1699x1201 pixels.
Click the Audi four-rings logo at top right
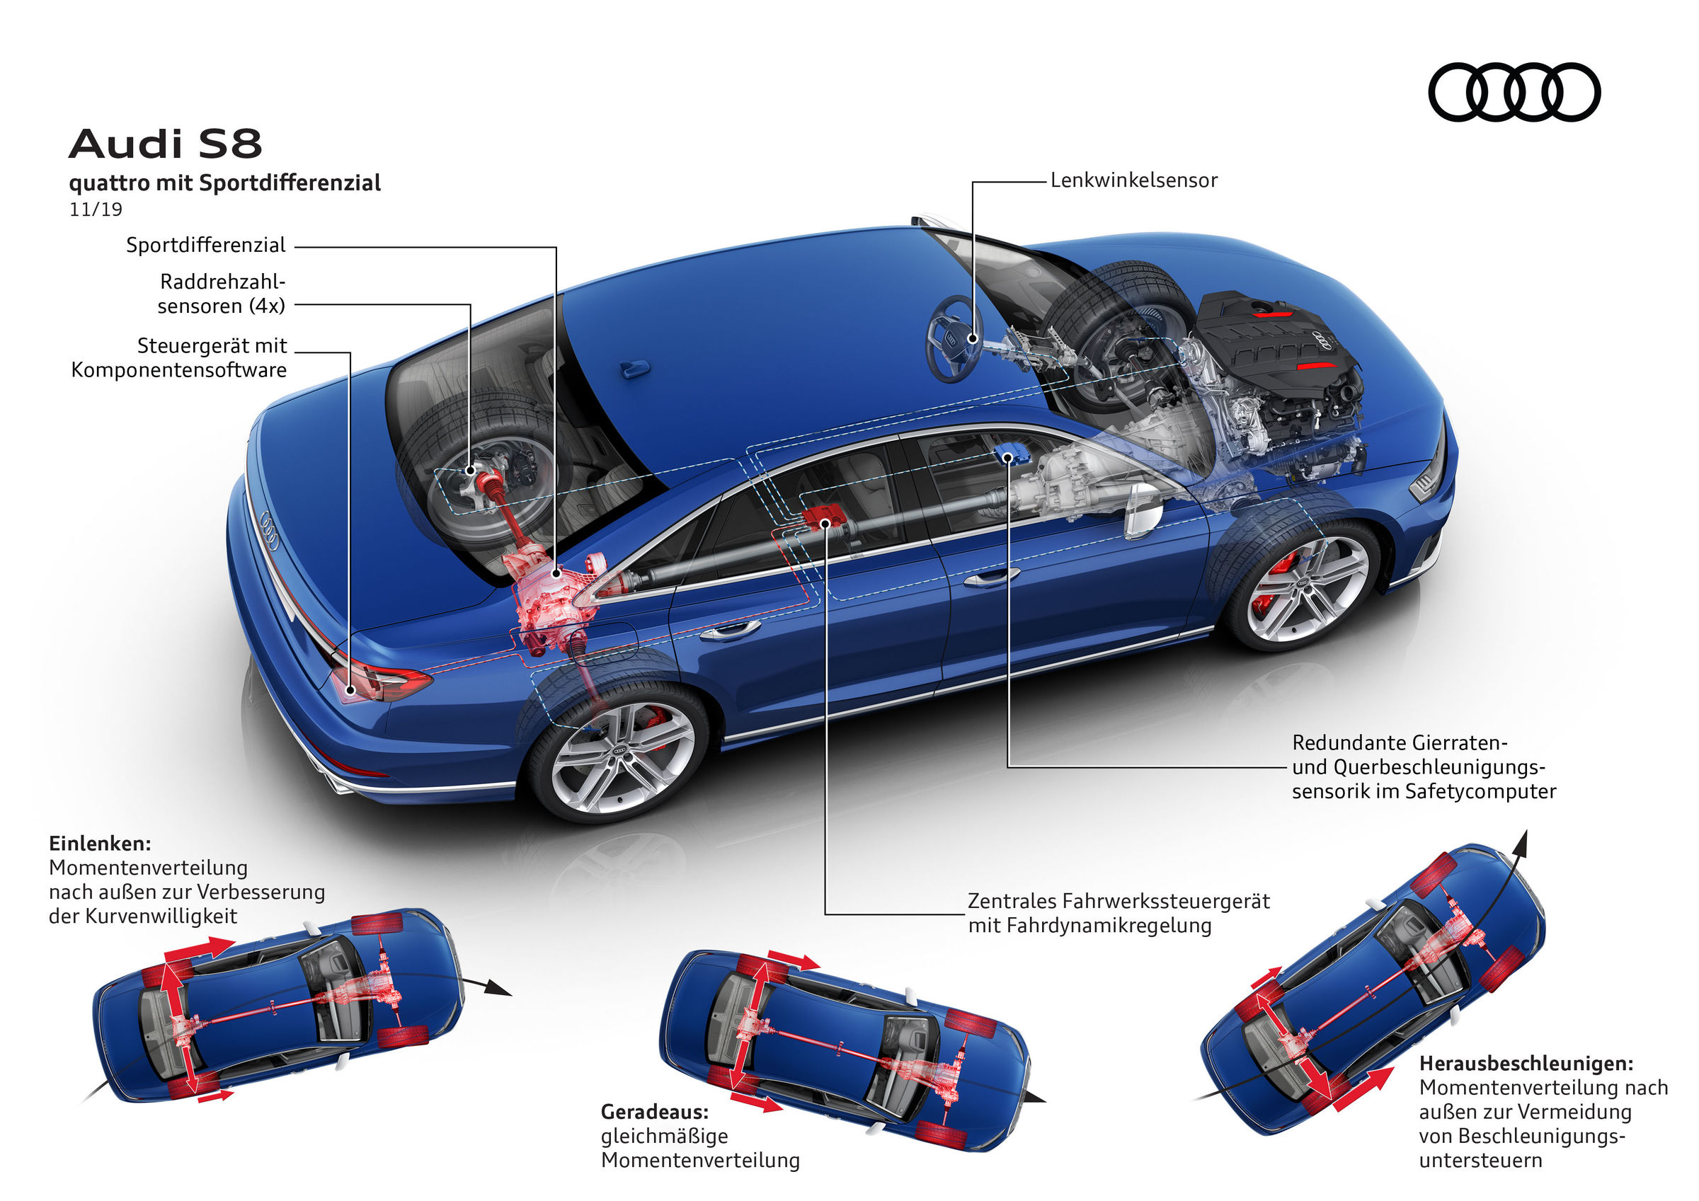click(1514, 92)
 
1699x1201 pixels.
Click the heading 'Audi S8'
click(166, 144)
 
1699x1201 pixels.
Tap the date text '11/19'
click(96, 209)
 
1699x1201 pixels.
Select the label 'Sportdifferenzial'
click(206, 245)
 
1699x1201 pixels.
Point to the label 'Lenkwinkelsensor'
click(1133, 180)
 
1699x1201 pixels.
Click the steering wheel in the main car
click(954, 339)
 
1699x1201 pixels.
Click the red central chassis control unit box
click(823, 517)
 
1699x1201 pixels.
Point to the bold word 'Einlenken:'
click(100, 844)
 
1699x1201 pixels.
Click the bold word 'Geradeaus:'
click(654, 1111)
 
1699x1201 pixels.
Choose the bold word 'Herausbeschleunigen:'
click(1526, 1064)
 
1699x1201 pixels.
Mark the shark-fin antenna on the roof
click(634, 368)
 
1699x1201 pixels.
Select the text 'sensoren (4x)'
click(222, 306)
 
